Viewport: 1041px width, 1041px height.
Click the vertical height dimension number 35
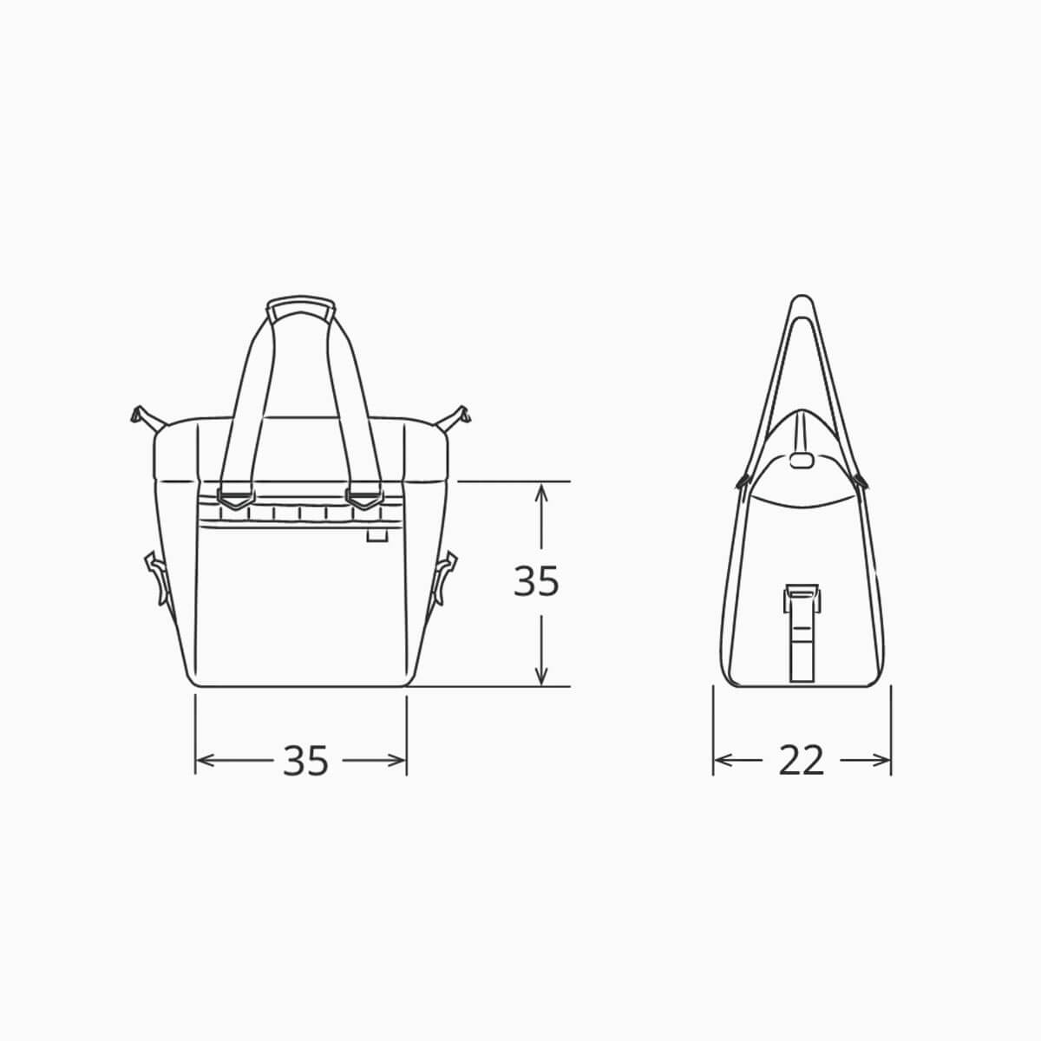click(536, 582)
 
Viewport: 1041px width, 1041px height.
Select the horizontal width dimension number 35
click(305, 761)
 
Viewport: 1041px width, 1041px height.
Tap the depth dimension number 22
click(801, 761)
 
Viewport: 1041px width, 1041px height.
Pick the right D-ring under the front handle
click(363, 499)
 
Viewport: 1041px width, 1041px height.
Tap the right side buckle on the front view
click(445, 577)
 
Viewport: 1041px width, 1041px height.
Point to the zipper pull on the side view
click(802, 459)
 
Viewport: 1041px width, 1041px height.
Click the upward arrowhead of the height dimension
click(541, 491)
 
